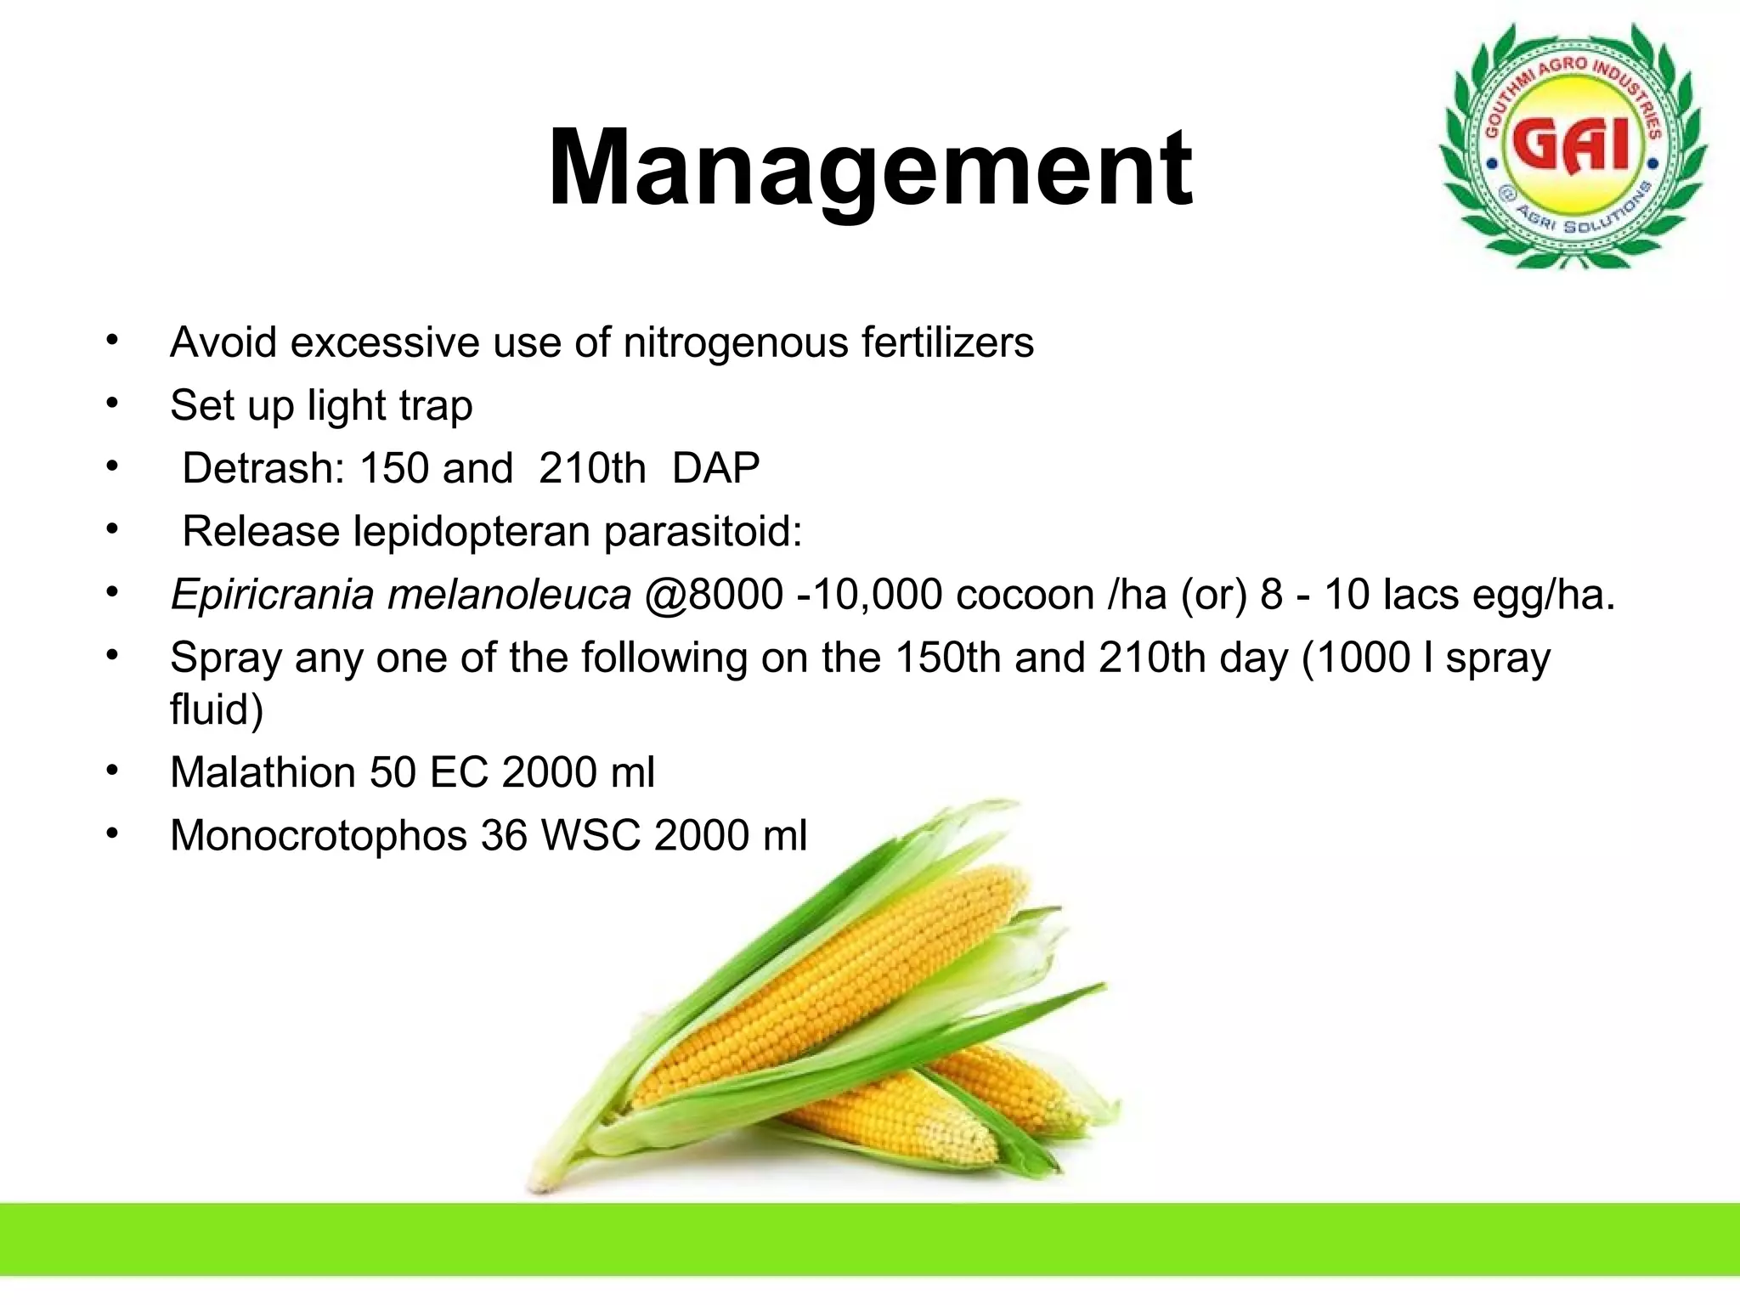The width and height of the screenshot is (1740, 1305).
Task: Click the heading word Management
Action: pos(870,167)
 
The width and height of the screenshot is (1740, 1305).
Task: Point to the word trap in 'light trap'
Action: pos(436,406)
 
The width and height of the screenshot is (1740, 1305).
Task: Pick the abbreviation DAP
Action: pos(715,468)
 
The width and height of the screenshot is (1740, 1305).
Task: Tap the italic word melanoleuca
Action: pos(509,594)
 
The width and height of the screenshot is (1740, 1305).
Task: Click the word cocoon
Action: pos(1025,594)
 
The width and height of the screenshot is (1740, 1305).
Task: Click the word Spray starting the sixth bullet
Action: pos(225,658)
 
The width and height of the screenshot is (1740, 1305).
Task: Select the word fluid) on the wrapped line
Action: pos(217,709)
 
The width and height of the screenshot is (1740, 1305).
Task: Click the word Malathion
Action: pos(263,772)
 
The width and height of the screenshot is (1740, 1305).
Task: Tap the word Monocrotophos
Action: pos(319,835)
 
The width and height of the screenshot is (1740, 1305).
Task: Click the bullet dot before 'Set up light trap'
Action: pos(112,403)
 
